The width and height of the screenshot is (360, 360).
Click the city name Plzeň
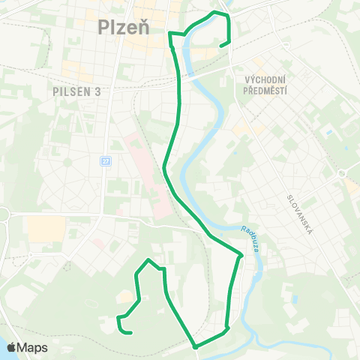coord(124,27)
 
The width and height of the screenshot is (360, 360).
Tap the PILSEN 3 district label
coord(77,91)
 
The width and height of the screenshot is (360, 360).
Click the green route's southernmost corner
coord(195,346)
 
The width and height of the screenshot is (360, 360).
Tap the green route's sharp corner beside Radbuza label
coord(241,256)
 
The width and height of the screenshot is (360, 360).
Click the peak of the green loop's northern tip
coord(150,260)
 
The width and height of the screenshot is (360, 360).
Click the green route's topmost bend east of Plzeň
coord(216,13)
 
